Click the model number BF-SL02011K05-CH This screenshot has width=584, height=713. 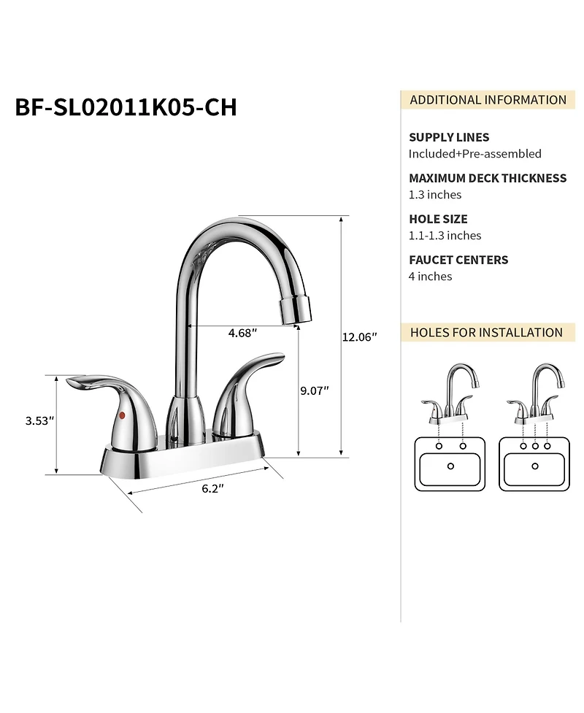126,107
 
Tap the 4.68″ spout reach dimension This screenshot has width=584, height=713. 242,333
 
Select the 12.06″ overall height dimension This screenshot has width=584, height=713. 359,337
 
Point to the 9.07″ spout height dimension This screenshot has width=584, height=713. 314,390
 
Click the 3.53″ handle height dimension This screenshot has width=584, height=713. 40,421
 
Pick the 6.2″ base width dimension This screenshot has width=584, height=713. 212,489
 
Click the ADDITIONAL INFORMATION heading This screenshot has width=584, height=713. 488,100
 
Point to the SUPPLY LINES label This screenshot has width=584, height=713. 449,137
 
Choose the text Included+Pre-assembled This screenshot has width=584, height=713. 474,154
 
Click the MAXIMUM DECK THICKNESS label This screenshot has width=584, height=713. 488,178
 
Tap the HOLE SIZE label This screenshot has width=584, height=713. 438,219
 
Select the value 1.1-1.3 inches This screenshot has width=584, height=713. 445,236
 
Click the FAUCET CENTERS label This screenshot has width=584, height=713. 458,260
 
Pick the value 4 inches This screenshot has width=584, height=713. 430,277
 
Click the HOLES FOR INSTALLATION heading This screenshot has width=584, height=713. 486,333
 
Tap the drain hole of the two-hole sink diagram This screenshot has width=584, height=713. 450,466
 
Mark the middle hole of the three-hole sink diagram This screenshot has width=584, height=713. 535,445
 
